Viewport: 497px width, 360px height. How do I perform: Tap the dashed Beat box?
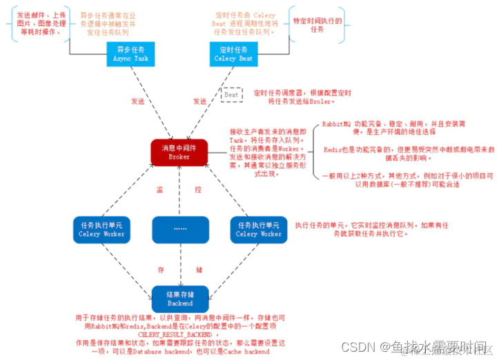(231, 94)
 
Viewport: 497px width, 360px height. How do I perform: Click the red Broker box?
(179, 152)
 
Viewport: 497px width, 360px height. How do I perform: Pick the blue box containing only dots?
(179, 229)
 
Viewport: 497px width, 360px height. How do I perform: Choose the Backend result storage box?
(179, 299)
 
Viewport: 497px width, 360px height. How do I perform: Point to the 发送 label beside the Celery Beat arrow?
(199, 101)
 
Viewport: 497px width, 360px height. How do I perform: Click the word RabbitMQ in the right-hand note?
(338, 124)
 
